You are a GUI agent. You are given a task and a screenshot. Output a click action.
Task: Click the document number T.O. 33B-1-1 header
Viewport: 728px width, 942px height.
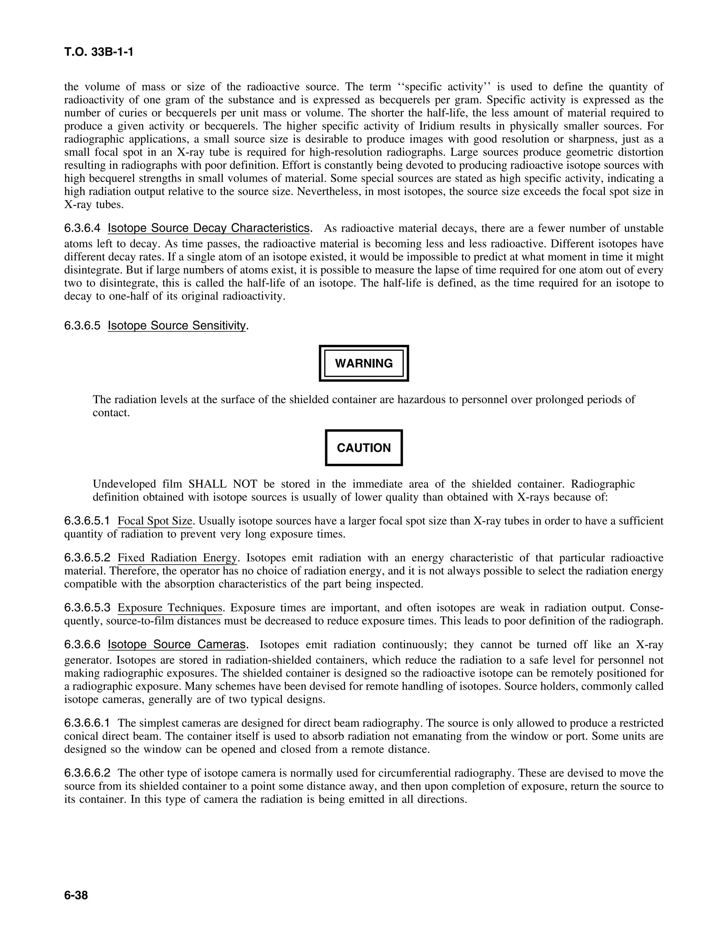click(98, 52)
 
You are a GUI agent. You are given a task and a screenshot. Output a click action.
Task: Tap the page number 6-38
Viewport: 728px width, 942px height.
click(76, 895)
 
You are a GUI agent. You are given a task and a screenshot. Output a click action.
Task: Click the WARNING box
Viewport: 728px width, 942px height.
click(364, 363)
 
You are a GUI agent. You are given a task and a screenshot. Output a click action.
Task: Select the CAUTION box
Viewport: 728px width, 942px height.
click(364, 448)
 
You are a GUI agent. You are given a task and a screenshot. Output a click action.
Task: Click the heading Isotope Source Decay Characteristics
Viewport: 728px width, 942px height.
click(209, 228)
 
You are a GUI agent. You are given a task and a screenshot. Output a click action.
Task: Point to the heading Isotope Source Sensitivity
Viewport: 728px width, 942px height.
click(177, 325)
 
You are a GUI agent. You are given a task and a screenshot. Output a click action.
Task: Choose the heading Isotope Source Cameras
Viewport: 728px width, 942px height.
click(177, 644)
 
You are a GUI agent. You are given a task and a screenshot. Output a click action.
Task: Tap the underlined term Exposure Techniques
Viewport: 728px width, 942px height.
click(170, 608)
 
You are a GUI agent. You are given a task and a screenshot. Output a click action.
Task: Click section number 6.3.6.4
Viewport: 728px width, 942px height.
click(82, 228)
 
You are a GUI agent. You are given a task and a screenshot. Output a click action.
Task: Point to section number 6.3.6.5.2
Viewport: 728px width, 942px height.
click(87, 558)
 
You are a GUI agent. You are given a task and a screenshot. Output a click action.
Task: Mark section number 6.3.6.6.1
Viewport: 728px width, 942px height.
click(87, 723)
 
